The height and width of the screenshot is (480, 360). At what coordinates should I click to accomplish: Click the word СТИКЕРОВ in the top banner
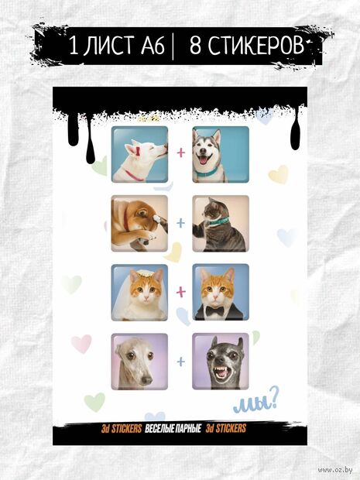click(x=247, y=46)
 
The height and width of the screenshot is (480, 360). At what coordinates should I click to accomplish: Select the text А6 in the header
click(x=153, y=46)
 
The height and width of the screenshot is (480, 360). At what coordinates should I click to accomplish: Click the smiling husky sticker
click(x=221, y=155)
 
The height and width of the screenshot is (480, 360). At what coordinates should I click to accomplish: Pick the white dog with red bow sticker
click(x=139, y=155)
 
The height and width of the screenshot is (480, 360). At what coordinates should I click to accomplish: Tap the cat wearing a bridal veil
click(x=139, y=293)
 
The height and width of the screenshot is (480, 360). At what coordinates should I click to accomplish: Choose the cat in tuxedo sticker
click(x=221, y=293)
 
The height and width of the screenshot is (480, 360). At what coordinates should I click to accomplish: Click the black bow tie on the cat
click(x=214, y=311)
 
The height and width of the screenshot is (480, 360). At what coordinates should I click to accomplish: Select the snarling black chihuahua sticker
click(x=221, y=362)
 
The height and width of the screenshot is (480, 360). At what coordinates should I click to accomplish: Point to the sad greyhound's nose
click(x=146, y=380)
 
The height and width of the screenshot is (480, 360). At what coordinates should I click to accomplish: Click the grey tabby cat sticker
click(x=221, y=224)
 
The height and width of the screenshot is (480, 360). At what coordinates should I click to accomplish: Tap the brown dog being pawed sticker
click(x=139, y=224)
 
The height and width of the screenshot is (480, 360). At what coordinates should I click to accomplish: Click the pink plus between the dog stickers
click(x=181, y=153)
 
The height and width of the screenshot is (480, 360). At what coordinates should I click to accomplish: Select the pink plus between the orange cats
click(x=181, y=292)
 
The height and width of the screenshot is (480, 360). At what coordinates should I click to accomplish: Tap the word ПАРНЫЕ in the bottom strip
click(x=189, y=429)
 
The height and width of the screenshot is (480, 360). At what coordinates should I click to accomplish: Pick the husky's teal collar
click(x=207, y=173)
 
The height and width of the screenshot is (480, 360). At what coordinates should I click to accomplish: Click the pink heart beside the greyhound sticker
click(x=81, y=344)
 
